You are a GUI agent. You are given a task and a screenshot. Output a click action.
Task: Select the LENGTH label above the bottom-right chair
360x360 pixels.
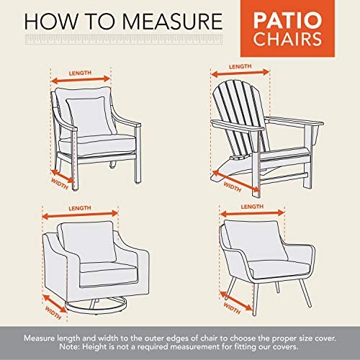pos(248,206)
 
